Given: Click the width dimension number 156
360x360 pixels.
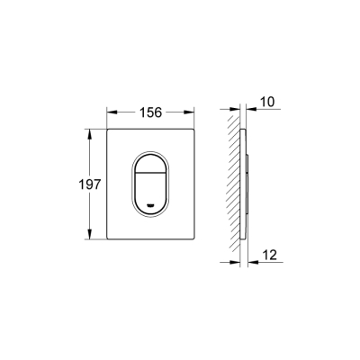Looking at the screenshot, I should click(151, 112).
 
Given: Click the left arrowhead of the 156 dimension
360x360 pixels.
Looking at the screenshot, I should click(112, 112).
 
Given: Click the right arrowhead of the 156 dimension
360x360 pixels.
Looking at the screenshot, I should click(192, 112).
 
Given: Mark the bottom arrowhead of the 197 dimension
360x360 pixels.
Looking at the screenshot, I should click(89, 236).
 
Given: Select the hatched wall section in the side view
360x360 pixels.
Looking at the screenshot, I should click(233, 184).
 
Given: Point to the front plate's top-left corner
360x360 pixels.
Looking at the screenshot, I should click(108, 129).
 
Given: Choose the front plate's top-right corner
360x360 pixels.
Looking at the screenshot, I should click(195, 129).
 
